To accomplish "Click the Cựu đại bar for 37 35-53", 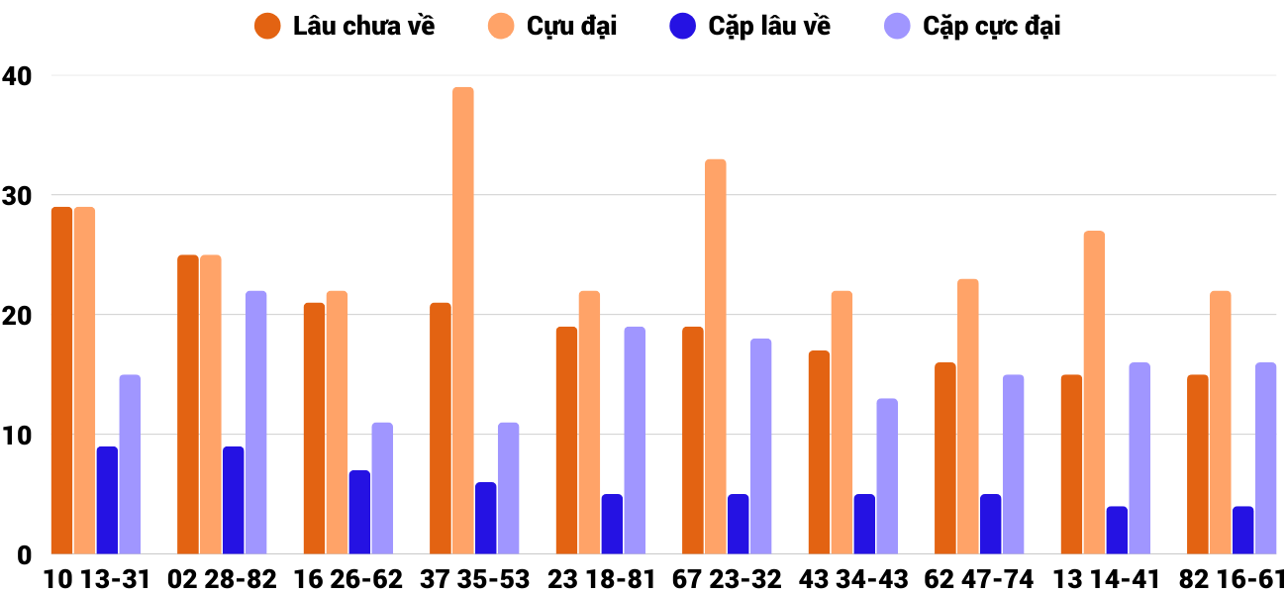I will [x=463, y=321].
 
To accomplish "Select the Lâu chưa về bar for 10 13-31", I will [x=62, y=380].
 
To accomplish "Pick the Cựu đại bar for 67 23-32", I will [x=716, y=356].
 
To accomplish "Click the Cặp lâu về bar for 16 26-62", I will [x=359, y=512].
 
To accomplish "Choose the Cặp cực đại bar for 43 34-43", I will [x=887, y=476].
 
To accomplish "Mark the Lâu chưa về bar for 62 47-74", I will [x=945, y=458].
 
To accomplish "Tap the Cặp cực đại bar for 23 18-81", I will [x=635, y=441].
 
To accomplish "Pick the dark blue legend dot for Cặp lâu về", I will [x=683, y=27].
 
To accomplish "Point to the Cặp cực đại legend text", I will [x=991, y=27].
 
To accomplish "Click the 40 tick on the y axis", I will [x=17, y=75].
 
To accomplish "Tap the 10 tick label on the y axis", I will [x=17, y=436].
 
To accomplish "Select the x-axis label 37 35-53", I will [x=475, y=579].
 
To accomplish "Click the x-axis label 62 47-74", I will [x=978, y=579].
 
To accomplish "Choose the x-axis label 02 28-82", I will [x=222, y=579].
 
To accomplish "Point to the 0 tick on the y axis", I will [x=25, y=555].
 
